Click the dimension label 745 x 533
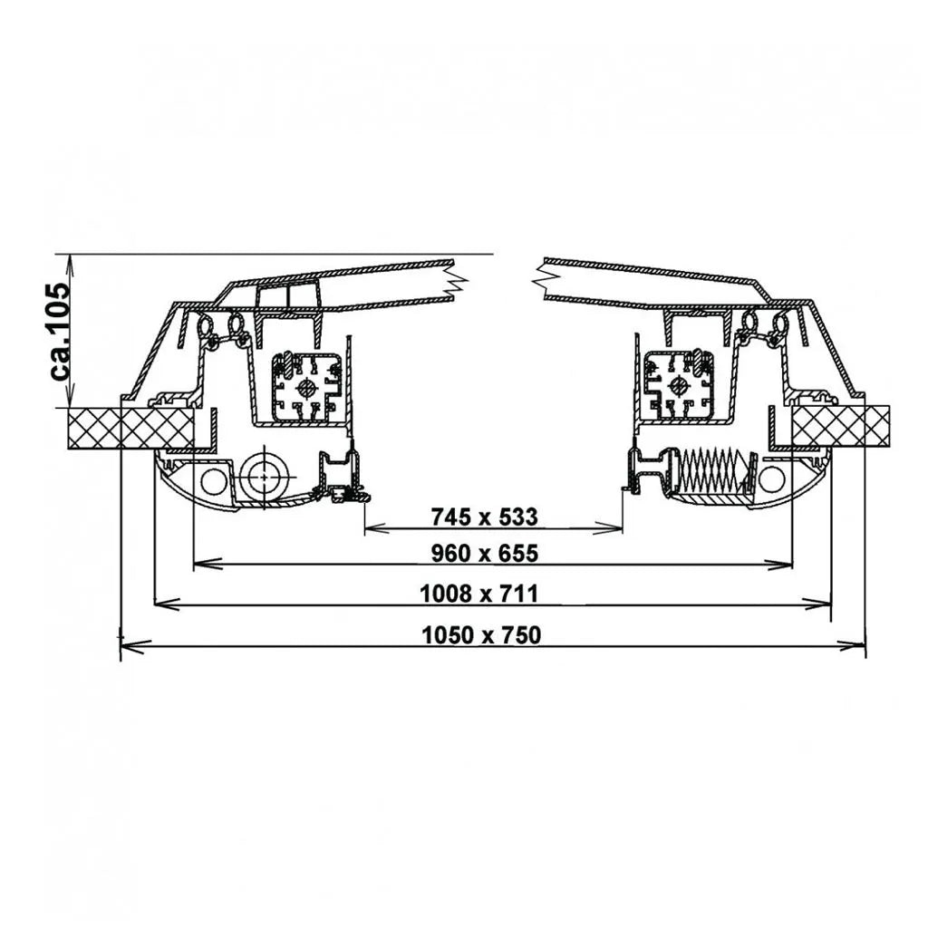(484, 517)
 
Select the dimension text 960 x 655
(484, 554)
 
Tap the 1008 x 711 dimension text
(478, 593)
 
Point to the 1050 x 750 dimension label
(481, 635)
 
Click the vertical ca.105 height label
(61, 331)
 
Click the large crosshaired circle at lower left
(264, 477)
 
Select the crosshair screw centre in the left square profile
(307, 389)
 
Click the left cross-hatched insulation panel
(131, 428)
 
